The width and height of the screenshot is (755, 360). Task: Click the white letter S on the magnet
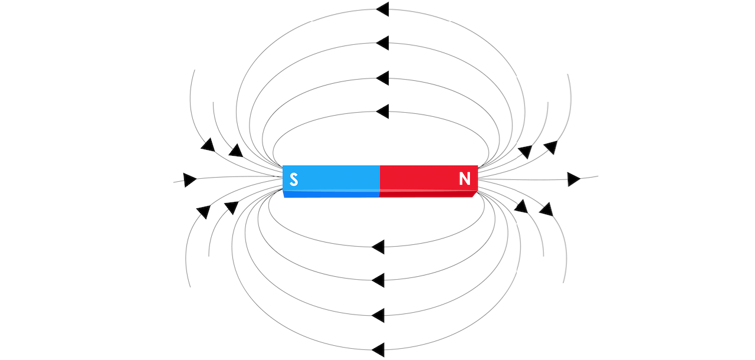pos(294,179)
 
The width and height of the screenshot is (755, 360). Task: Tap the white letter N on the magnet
pos(464,178)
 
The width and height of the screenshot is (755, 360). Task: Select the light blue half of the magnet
pos(331,178)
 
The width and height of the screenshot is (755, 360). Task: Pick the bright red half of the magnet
pos(429,178)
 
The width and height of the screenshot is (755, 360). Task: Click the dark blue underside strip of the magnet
pos(331,194)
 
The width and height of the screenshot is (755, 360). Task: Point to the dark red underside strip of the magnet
pos(428,194)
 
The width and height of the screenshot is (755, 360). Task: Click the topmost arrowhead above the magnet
pos(382,9)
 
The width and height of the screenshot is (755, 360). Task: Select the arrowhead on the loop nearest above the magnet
pos(382,111)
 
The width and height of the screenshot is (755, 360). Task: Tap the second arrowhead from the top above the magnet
pos(382,43)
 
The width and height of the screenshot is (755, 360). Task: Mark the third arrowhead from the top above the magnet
pos(382,78)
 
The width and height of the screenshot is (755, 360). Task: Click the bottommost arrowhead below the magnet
pos(378,349)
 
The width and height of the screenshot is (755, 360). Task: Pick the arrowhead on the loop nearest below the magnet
pos(378,247)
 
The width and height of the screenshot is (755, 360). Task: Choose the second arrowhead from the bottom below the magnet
pos(378,316)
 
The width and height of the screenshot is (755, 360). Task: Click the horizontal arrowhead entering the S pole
pos(190,179)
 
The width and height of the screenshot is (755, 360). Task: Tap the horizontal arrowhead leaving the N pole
pos(574,179)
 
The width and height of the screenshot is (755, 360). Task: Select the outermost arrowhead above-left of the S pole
pos(208,145)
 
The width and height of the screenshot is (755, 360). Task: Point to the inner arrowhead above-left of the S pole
pos(236,150)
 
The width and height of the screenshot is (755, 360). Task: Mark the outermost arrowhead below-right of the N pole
pos(546,210)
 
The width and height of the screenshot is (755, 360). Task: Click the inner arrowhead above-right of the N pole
pos(525,152)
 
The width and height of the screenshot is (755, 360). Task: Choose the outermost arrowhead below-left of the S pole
pos(203,212)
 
